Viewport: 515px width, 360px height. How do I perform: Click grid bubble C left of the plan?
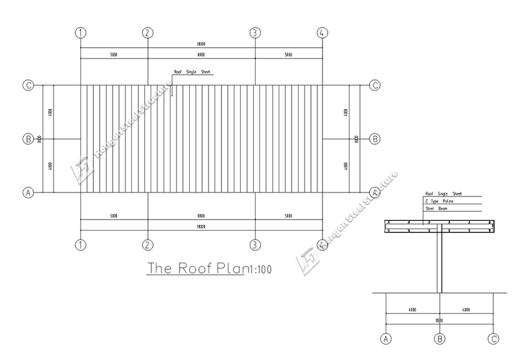pyautogui.click(x=28, y=85)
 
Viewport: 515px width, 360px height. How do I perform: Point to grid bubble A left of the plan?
pyautogui.click(x=28, y=192)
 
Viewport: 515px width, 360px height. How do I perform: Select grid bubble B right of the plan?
pyautogui.click(x=375, y=138)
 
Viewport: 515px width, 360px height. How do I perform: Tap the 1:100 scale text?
pyautogui.click(x=259, y=269)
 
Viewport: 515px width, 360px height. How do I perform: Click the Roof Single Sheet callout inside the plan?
pyautogui.click(x=192, y=73)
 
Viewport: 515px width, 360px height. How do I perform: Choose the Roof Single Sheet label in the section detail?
pyautogui.click(x=443, y=193)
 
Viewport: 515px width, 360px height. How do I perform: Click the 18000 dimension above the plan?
pyautogui.click(x=201, y=44)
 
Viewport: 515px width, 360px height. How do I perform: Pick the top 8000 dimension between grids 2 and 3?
pyautogui.click(x=201, y=55)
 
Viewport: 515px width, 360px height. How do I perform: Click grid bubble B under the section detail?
pyautogui.click(x=440, y=339)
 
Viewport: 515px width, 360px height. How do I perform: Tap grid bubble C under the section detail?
pyautogui.click(x=494, y=339)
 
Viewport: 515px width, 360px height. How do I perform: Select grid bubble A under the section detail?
pyautogui.click(x=386, y=339)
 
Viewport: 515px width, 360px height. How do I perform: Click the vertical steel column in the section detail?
pyautogui.click(x=440, y=264)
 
